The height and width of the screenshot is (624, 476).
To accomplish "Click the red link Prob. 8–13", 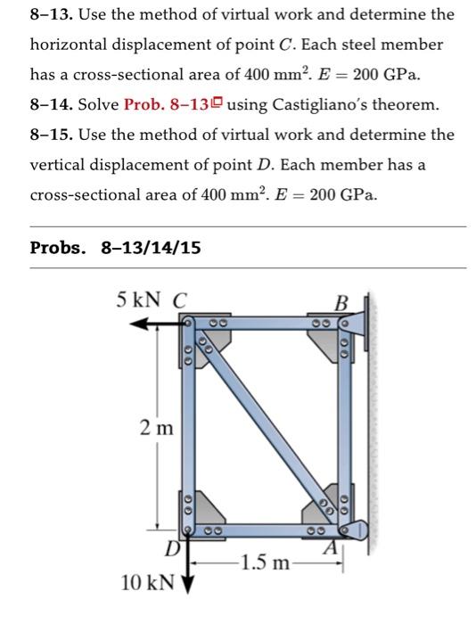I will (169, 105).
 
